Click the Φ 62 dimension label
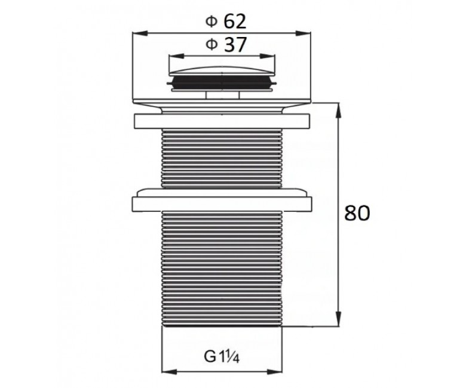click(226, 21)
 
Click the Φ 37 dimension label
click(226, 45)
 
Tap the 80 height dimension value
click(357, 213)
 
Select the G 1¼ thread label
click(222, 356)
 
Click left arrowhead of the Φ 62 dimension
click(140, 33)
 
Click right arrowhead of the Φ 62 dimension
click(303, 33)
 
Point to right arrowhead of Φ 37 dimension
click(268, 56)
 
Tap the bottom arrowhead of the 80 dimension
click(338, 319)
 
